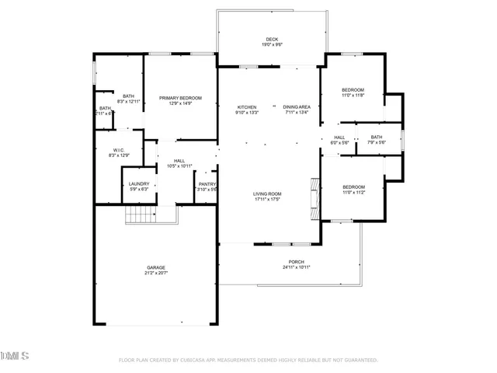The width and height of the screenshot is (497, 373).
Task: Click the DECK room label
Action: (272, 38)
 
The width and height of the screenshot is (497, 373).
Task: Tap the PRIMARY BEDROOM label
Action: (180, 97)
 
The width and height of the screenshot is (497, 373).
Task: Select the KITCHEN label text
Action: (247, 106)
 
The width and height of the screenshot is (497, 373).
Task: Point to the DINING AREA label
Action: (297, 106)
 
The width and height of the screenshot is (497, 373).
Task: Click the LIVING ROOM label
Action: (266, 193)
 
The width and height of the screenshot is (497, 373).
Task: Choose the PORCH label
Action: (296, 262)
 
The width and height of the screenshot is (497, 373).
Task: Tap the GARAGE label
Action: (156, 267)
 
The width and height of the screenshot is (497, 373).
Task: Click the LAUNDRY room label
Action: (139, 183)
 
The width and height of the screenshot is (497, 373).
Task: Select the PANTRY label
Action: (207, 183)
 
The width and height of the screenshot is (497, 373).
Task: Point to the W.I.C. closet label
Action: (119, 150)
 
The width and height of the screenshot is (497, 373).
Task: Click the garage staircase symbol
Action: (141, 215)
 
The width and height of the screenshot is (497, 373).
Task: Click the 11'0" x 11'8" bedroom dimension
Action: (353, 96)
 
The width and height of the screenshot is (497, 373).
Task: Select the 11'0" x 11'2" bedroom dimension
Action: (353, 192)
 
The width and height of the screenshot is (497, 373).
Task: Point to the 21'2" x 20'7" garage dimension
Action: (156, 273)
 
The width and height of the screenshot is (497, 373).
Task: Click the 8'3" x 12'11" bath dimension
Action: (128, 102)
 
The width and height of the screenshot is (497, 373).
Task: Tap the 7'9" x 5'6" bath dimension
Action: (377, 142)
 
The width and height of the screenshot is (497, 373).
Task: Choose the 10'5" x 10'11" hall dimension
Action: (179, 166)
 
